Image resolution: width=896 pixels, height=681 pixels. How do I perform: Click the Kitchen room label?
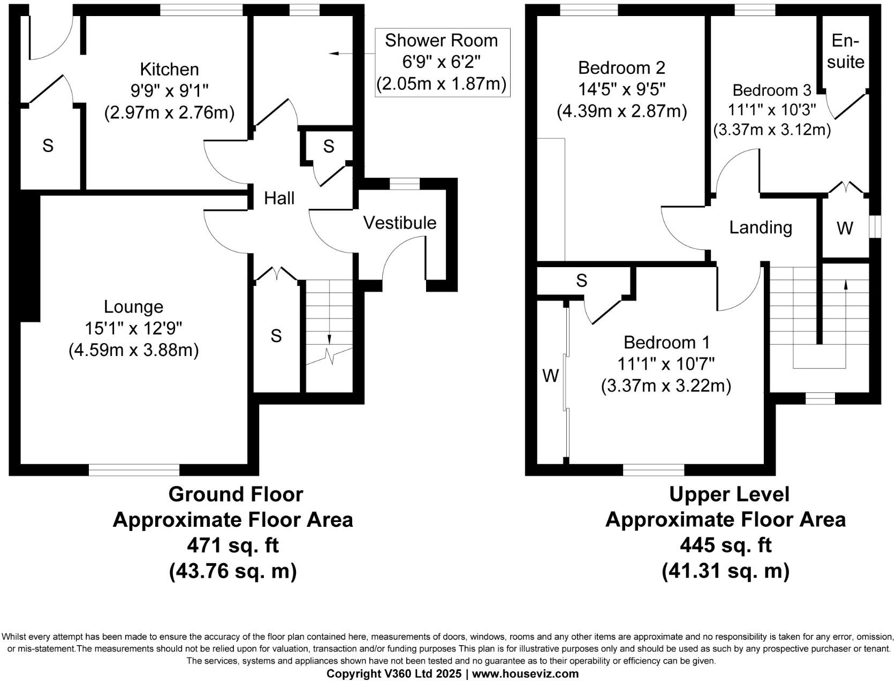pyautogui.click(x=169, y=69)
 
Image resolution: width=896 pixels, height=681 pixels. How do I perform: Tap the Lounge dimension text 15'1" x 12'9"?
pyautogui.click(x=133, y=328)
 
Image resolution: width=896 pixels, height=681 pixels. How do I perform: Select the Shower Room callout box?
pyautogui.click(x=442, y=63)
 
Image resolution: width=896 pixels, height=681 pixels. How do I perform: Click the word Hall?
pyautogui.click(x=279, y=198)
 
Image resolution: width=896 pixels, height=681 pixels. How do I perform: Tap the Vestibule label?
pyautogui.click(x=399, y=223)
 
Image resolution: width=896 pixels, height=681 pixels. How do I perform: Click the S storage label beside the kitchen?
pyautogui.click(x=48, y=145)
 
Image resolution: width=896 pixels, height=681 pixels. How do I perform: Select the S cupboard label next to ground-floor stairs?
pyautogui.click(x=276, y=336)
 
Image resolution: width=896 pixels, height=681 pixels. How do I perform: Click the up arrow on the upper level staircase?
pyautogui.click(x=846, y=285)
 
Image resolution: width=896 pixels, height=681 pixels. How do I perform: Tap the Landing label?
pyautogui.click(x=760, y=228)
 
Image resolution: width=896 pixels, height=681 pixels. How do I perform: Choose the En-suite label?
pyautogui.click(x=845, y=51)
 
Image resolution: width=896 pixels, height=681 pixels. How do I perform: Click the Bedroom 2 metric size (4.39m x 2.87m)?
pyautogui.click(x=621, y=111)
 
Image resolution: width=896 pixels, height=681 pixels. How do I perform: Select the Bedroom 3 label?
pyautogui.click(x=771, y=89)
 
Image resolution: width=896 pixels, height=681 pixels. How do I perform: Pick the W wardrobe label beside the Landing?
pyautogui.click(x=844, y=229)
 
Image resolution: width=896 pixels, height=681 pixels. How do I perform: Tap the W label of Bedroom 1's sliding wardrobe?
pyautogui.click(x=550, y=376)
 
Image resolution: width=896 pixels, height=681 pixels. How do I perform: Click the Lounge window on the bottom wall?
pyautogui.click(x=134, y=470)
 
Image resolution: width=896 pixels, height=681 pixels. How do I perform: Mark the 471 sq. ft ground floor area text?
pyautogui.click(x=233, y=546)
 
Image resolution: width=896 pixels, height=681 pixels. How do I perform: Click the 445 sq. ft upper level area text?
pyautogui.click(x=725, y=545)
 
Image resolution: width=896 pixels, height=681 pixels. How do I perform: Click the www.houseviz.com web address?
pyautogui.click(x=525, y=674)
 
